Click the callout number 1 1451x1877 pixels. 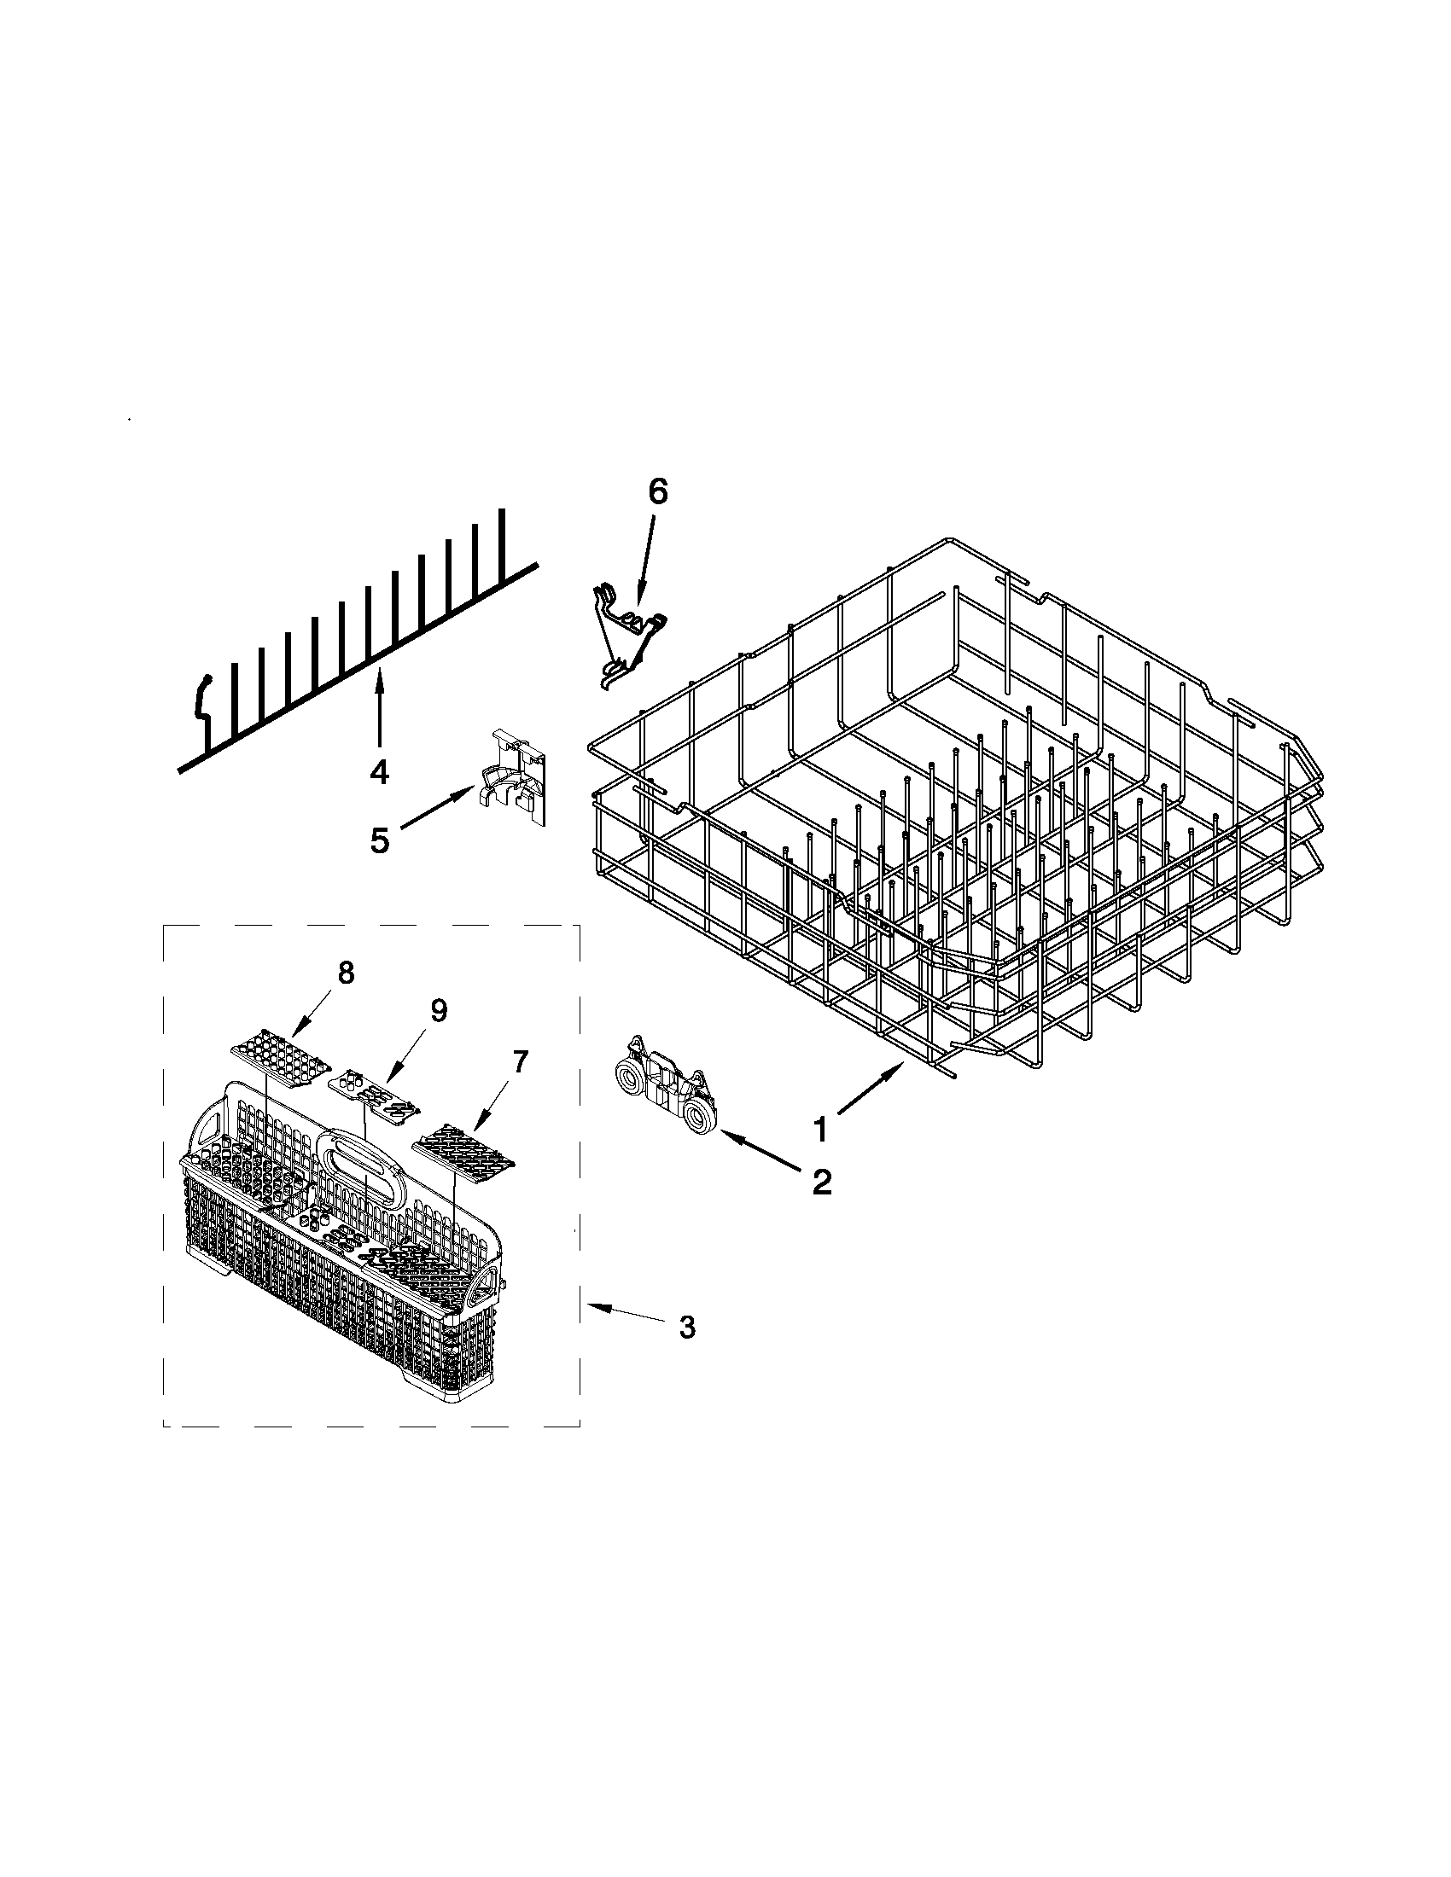(x=820, y=1130)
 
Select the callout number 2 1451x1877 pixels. (x=822, y=1183)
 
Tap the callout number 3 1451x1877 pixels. (x=686, y=1327)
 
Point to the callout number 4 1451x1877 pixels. (x=379, y=772)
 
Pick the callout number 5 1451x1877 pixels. (x=379, y=840)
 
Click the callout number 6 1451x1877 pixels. (x=656, y=491)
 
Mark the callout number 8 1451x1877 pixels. (x=345, y=973)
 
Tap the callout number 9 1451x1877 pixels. (x=439, y=1011)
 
